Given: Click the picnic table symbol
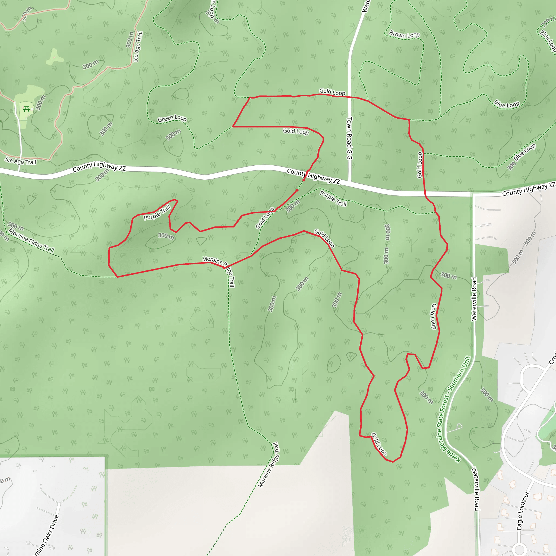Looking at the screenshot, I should point(27,109).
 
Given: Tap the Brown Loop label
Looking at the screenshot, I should point(404,34).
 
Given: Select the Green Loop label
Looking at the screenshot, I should point(172,118).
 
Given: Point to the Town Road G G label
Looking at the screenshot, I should point(349,138).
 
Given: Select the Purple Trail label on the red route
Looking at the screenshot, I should point(157,212).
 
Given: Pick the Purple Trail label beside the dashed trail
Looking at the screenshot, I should point(333,198).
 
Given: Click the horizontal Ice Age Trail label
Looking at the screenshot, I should point(20,161).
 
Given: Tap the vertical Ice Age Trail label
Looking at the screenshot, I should point(138,46).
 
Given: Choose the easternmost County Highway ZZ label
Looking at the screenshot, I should point(528,189).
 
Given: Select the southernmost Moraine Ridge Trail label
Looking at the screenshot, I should point(268,465).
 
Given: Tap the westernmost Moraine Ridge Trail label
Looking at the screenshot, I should point(31,240).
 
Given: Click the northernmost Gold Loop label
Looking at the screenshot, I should point(332,92).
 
